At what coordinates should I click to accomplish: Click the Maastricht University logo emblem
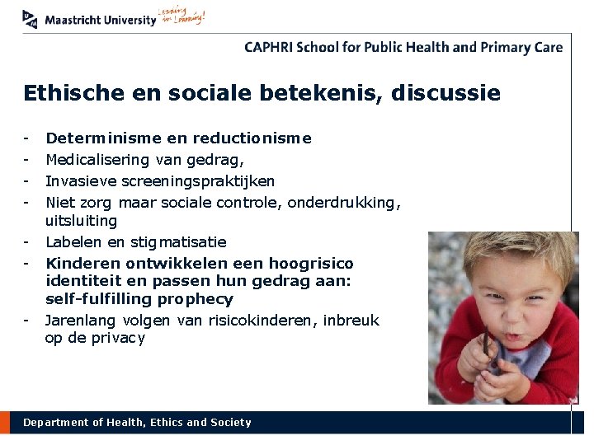pos(31,18)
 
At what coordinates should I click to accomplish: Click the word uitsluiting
pos(81,221)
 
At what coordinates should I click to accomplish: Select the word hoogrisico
pos(313,264)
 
